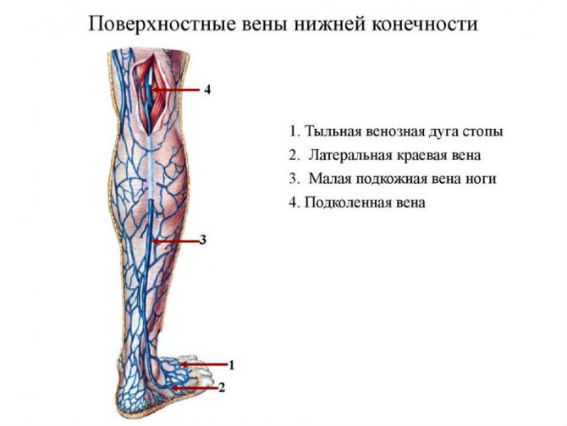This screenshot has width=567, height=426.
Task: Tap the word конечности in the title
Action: point(424,25)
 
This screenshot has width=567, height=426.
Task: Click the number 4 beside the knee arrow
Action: point(207,90)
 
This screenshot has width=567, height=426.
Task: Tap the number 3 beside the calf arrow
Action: point(203,240)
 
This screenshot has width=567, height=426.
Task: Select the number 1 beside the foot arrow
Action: point(231,365)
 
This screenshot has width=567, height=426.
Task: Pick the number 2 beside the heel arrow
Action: point(222,388)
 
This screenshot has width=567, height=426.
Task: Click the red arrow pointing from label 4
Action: point(177,90)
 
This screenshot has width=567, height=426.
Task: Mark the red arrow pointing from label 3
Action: point(175,240)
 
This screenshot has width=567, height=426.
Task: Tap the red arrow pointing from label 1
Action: point(204,364)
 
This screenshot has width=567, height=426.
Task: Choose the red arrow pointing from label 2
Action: point(195,388)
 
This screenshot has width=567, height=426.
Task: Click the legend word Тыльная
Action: point(333,131)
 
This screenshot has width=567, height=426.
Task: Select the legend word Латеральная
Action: point(350,155)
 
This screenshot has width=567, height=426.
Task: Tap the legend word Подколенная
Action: point(344,202)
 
